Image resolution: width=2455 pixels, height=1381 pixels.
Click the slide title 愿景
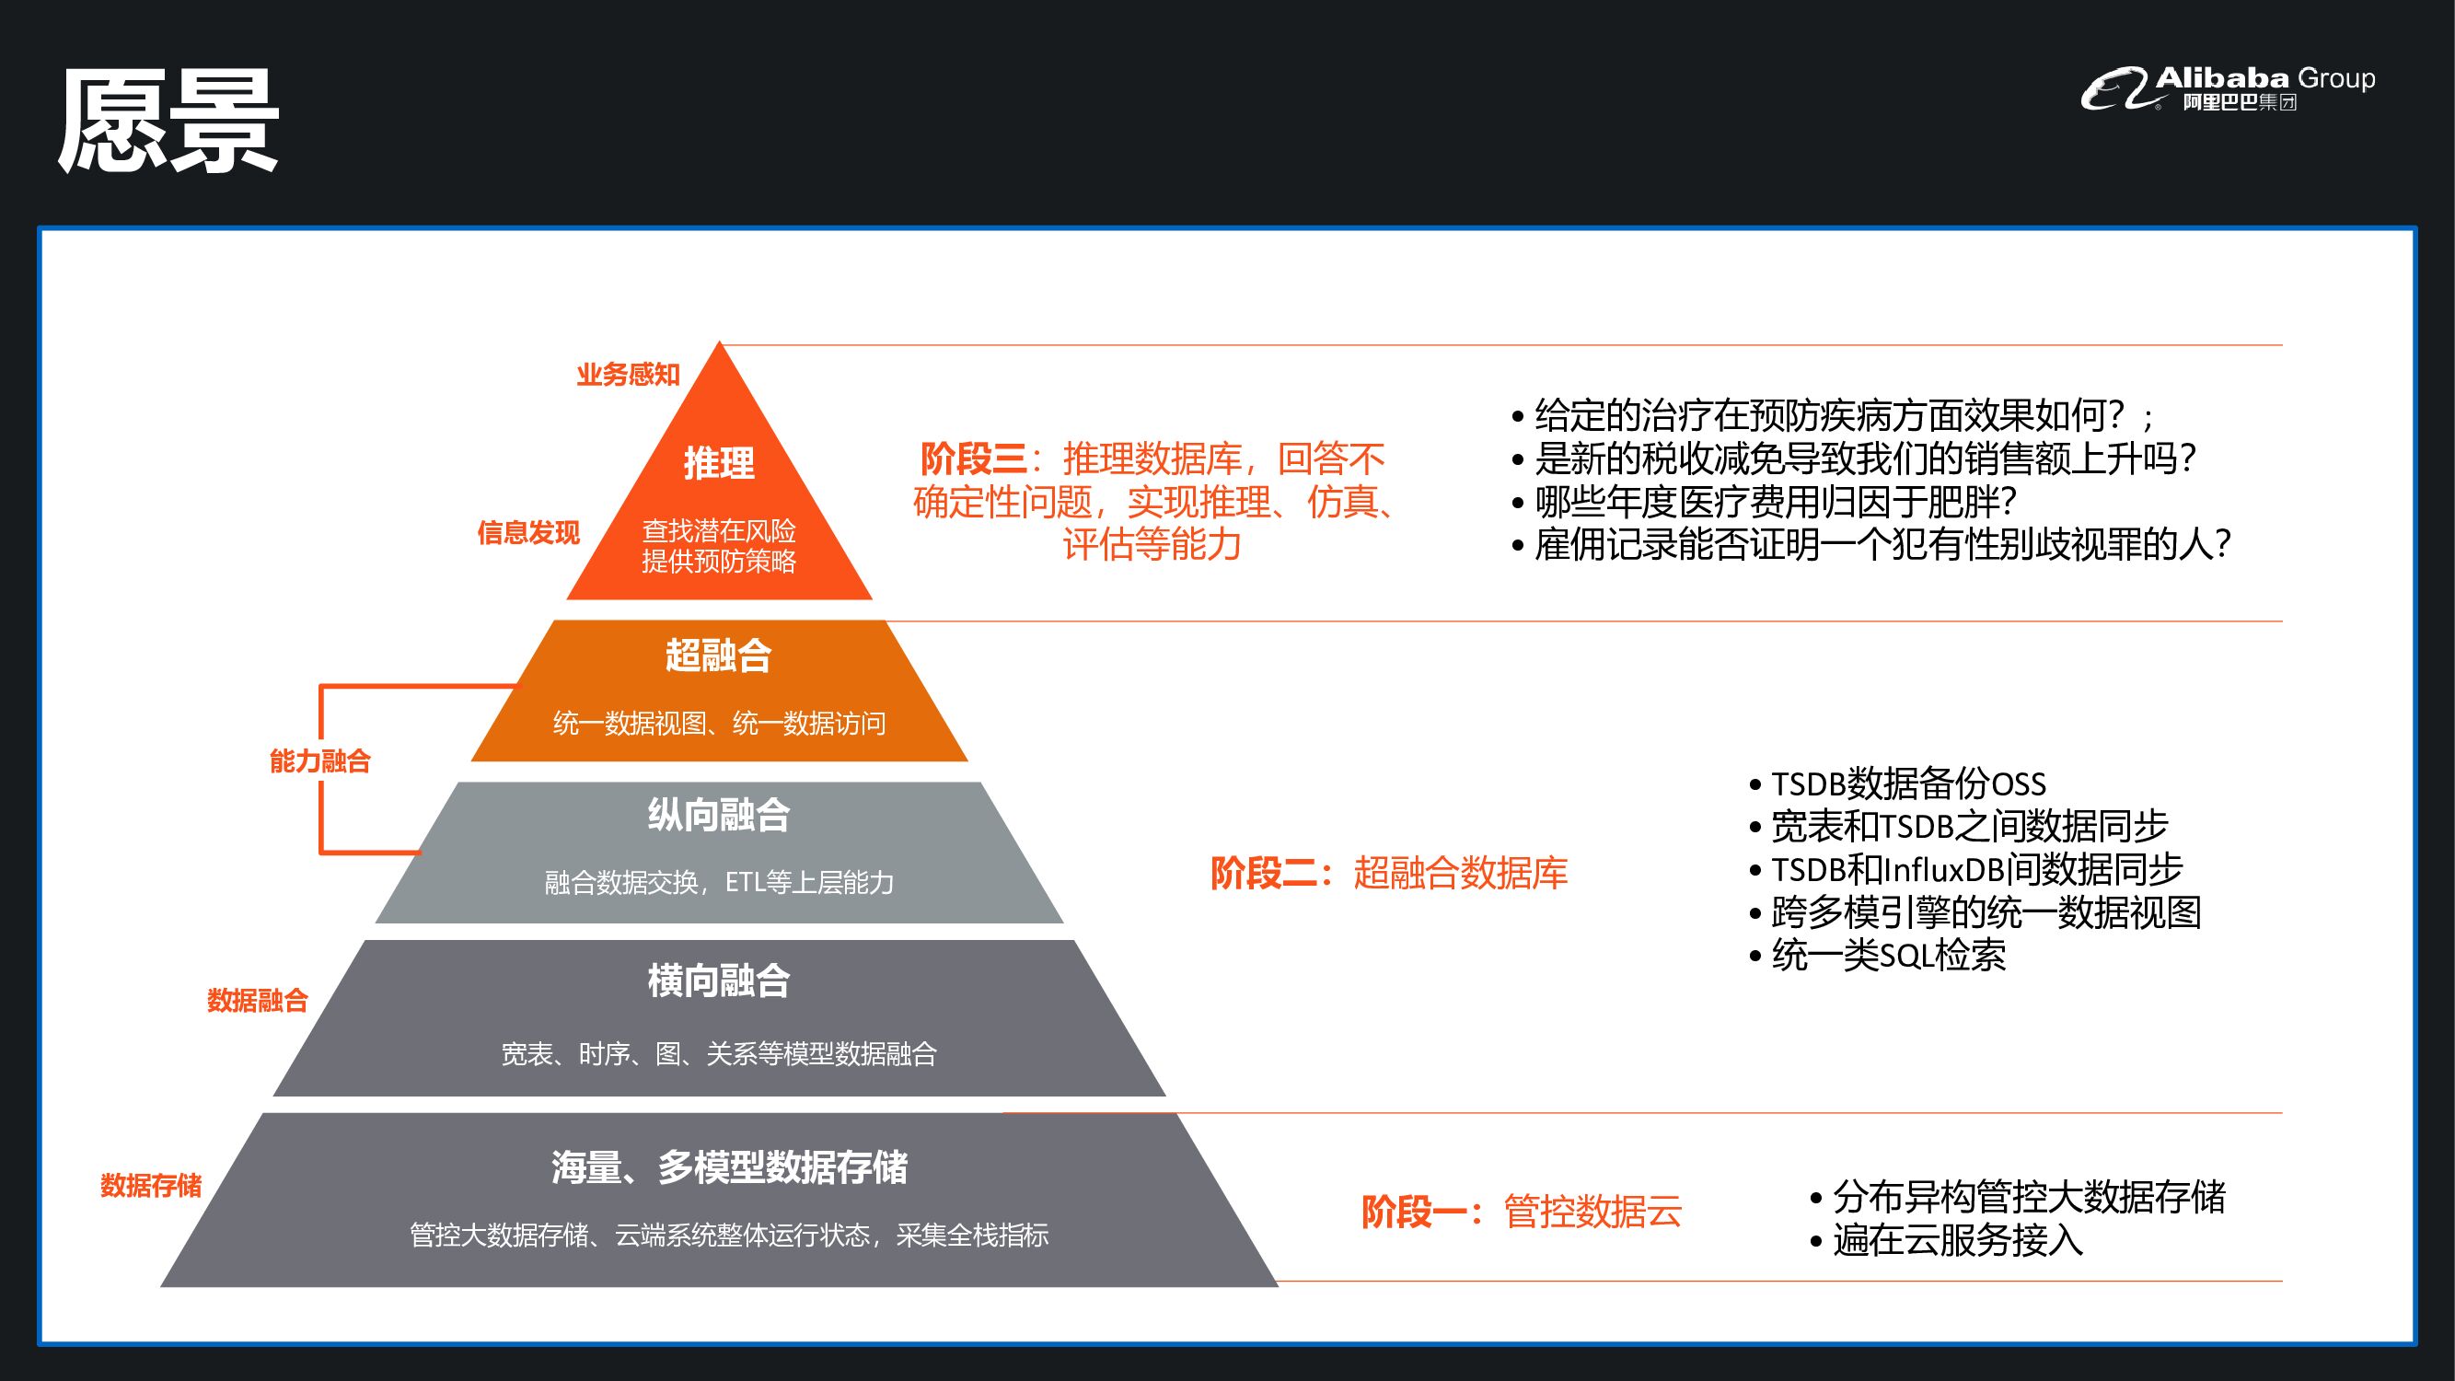coord(168,122)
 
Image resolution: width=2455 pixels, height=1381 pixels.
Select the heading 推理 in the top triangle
coord(719,464)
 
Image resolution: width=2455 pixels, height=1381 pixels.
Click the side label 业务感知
coord(628,375)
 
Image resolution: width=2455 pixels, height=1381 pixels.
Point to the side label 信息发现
coord(529,533)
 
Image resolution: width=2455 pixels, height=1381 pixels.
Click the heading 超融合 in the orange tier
coord(719,656)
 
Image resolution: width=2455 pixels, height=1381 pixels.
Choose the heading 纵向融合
coord(719,816)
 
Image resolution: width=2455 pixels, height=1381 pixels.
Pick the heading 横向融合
coord(719,981)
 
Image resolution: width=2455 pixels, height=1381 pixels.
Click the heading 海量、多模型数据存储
coord(729,1167)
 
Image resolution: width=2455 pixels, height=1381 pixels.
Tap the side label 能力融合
coord(319,760)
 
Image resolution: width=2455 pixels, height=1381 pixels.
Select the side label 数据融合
coord(258,1000)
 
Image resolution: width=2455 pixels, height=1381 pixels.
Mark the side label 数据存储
coord(151,1186)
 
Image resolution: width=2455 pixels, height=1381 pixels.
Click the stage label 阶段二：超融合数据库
coord(1388,873)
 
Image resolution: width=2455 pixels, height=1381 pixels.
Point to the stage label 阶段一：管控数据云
coord(1521,1213)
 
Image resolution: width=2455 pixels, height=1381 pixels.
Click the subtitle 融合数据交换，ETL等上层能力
coord(719,883)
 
